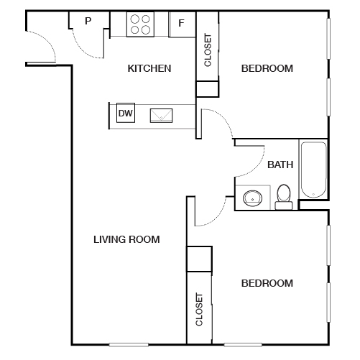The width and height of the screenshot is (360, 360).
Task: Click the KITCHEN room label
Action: pos(149,68)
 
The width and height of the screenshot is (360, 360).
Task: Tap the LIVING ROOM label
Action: pos(126,239)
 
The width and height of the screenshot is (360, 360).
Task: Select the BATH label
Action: pos(280,165)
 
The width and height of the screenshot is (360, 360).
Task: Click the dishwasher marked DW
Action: pos(126,113)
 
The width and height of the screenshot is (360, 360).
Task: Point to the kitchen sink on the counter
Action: pos(161,116)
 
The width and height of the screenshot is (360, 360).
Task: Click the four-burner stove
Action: pos(140,24)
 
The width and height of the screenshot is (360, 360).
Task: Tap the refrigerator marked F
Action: pos(182,24)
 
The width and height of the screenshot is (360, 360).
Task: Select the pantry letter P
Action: pos(88,21)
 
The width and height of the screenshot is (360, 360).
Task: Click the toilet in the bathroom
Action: pos(284,197)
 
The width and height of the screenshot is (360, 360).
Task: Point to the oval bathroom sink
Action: pos(252,198)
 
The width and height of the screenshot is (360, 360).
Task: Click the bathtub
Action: pos(313,170)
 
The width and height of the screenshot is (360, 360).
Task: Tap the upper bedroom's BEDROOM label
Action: pos(267,68)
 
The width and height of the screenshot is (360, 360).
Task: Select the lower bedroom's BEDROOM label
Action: pos(267,283)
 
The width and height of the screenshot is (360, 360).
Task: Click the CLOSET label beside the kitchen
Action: pos(208,50)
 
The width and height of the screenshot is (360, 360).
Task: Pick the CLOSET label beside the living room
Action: pos(199,309)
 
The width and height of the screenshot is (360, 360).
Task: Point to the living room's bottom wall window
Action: pos(129,345)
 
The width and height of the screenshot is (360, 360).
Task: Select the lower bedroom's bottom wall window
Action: pos(243,345)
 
